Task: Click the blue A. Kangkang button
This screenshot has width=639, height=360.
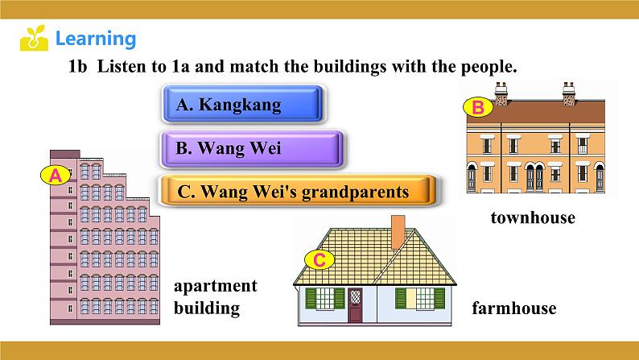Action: pos(243,104)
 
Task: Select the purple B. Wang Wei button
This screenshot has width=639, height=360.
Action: pos(252,149)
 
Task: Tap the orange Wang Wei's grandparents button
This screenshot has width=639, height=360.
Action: pos(298,191)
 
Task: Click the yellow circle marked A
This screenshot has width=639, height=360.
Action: pos(56,176)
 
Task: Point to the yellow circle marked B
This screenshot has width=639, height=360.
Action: pos(478,107)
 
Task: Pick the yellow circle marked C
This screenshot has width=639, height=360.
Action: pos(319,259)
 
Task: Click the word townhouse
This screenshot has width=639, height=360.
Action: pos(533,217)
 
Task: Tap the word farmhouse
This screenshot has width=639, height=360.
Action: pos(514,308)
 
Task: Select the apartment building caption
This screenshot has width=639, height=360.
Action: pos(216,297)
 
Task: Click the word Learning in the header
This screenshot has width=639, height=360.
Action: pos(95,39)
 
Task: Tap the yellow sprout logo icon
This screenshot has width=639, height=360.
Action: pos(34,38)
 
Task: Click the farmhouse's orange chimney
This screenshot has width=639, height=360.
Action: pos(398,232)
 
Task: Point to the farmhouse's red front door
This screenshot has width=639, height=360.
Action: pos(355,304)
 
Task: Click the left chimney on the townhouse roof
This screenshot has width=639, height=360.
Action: pos(501,94)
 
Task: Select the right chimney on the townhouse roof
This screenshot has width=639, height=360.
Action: pos(569,94)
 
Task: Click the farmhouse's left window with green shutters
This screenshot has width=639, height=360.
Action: pos(325,299)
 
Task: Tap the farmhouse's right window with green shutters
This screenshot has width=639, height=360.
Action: pos(420,299)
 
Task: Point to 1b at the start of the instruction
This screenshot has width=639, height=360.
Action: pos(77,66)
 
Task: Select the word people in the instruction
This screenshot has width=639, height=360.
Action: pos(489,67)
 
